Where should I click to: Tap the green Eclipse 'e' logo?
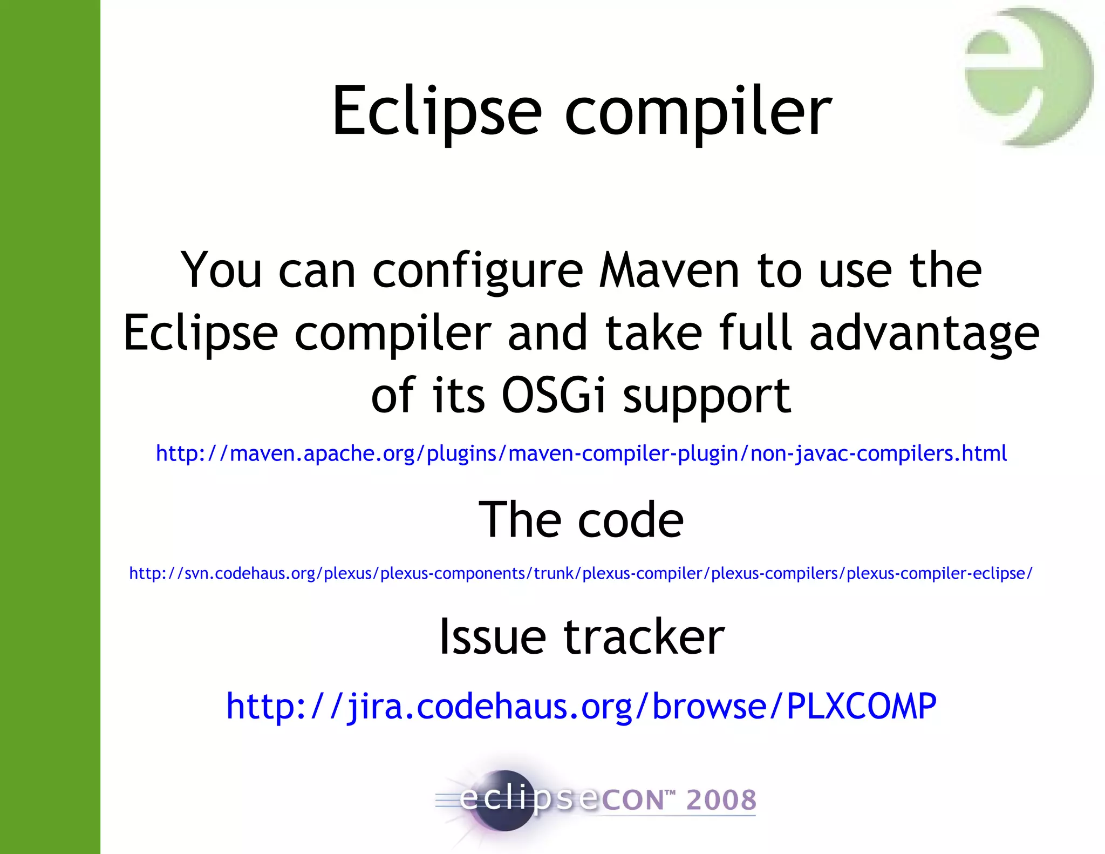coord(1028,76)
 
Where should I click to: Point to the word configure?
coord(478,272)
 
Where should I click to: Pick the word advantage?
coord(924,334)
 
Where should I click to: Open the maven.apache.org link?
coord(581,453)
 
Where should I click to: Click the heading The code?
coord(581,519)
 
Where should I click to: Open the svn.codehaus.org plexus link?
coord(581,573)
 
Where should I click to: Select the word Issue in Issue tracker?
coord(492,637)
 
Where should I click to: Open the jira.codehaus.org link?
coord(581,706)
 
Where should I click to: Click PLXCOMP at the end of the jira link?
coord(861,706)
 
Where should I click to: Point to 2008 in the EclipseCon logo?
coord(721,800)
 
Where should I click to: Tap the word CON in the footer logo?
coord(632,800)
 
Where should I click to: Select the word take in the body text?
coord(653,333)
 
